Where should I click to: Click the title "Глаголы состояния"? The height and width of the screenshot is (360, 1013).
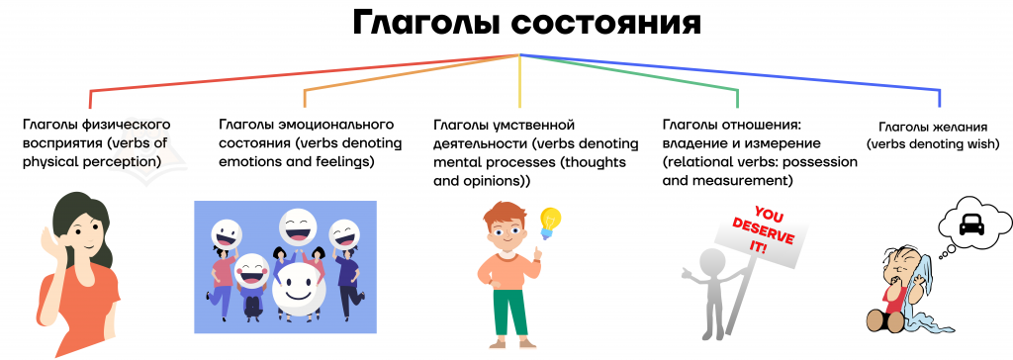tap(526, 24)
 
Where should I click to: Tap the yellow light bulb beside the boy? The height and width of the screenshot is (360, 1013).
tap(550, 223)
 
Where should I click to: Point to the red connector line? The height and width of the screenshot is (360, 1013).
tap(305, 73)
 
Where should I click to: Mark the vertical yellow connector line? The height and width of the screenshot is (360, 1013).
tap(520, 81)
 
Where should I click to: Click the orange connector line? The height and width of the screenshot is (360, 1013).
tap(413, 73)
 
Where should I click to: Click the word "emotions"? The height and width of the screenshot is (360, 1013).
tap(251, 161)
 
